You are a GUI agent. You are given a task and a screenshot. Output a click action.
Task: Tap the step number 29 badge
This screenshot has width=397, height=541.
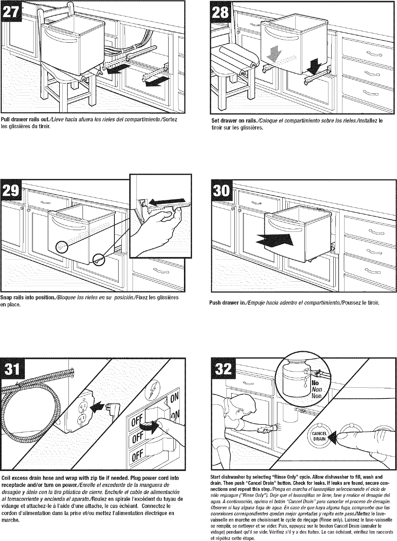[x=12, y=192]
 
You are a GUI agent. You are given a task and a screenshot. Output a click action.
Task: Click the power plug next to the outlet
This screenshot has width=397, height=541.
[x=113, y=408]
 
